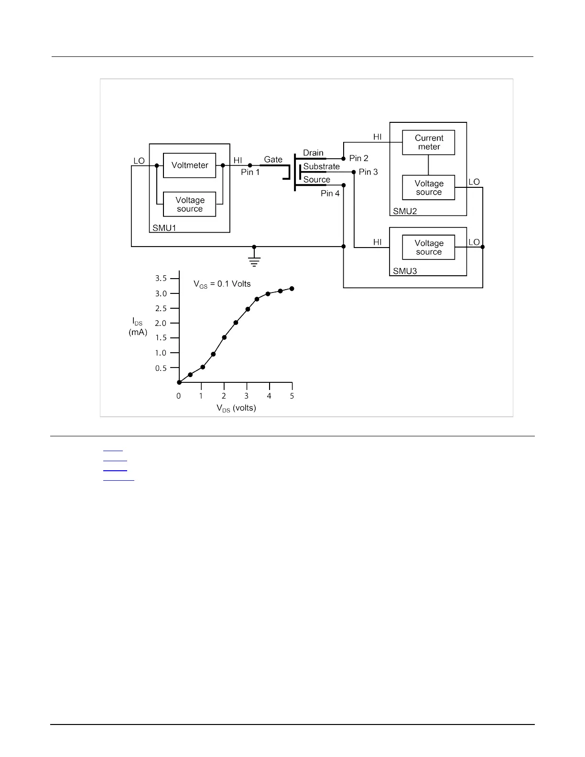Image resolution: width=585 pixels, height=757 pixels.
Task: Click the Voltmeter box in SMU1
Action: pyautogui.click(x=190, y=165)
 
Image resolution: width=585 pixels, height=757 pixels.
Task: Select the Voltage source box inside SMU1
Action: pyautogui.click(x=190, y=205)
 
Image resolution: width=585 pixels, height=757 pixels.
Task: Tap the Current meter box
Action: pyautogui.click(x=429, y=142)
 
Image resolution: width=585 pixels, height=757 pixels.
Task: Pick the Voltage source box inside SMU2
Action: pyautogui.click(x=429, y=188)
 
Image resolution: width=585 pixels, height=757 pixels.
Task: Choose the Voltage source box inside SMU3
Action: pyautogui.click(x=429, y=248)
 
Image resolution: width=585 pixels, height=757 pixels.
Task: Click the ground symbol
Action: pyautogui.click(x=254, y=260)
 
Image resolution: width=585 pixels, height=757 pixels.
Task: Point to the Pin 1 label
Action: pyautogui.click(x=250, y=172)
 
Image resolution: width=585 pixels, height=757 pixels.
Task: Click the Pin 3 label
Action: pyautogui.click(x=368, y=172)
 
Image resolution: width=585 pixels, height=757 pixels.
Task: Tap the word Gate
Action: pyautogui.click(x=273, y=160)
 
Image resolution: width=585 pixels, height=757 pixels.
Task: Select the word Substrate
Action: pyautogui.click(x=321, y=166)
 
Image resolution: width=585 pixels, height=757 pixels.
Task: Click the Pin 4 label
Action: pyautogui.click(x=330, y=194)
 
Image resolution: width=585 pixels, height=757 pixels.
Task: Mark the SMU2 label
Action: pyautogui.click(x=405, y=211)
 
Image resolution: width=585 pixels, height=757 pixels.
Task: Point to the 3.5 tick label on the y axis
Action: pyautogui.click(x=161, y=278)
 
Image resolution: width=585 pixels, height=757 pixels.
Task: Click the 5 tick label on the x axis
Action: pyautogui.click(x=292, y=396)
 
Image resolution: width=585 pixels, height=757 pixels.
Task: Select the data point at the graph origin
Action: pyautogui.click(x=179, y=382)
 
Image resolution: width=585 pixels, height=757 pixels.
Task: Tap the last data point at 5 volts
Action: pyautogui.click(x=292, y=289)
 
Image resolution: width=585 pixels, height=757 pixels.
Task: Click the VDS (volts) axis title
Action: pyautogui.click(x=236, y=408)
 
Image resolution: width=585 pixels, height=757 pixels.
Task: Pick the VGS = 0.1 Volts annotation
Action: pyautogui.click(x=222, y=284)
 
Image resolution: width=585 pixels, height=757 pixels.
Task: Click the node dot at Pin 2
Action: pyautogui.click(x=343, y=158)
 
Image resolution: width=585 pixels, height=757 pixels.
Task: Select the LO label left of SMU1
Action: pyautogui.click(x=139, y=161)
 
